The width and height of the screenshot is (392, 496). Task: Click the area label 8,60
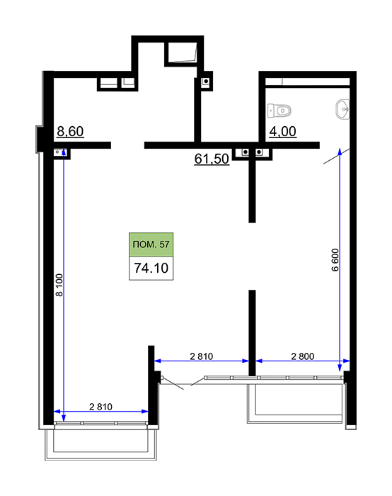point(70,131)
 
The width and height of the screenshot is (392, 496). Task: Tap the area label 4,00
point(283,131)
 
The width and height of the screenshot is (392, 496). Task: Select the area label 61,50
point(212,159)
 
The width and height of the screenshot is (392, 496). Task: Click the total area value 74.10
point(151,268)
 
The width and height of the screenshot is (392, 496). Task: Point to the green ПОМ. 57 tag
point(151,244)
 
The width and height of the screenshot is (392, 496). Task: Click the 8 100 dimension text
point(59,285)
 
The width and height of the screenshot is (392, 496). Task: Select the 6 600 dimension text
point(335,260)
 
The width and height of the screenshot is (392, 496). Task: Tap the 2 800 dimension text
point(303,356)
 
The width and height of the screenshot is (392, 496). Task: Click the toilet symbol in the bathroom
point(279,111)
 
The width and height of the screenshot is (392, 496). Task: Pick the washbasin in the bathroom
point(342,109)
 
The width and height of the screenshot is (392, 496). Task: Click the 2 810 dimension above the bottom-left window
point(100,407)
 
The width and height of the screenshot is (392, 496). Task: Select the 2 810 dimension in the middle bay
point(202,356)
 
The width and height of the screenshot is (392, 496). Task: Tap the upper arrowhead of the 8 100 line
point(64,152)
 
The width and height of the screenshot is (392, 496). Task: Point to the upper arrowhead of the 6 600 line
point(340,152)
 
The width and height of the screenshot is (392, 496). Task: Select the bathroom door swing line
point(337,156)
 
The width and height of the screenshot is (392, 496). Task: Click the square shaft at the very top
point(181,52)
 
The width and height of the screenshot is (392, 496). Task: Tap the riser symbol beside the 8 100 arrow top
point(58,152)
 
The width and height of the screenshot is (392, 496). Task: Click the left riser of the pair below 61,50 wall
point(245,152)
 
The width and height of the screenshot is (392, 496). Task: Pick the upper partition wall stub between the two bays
point(252,190)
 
